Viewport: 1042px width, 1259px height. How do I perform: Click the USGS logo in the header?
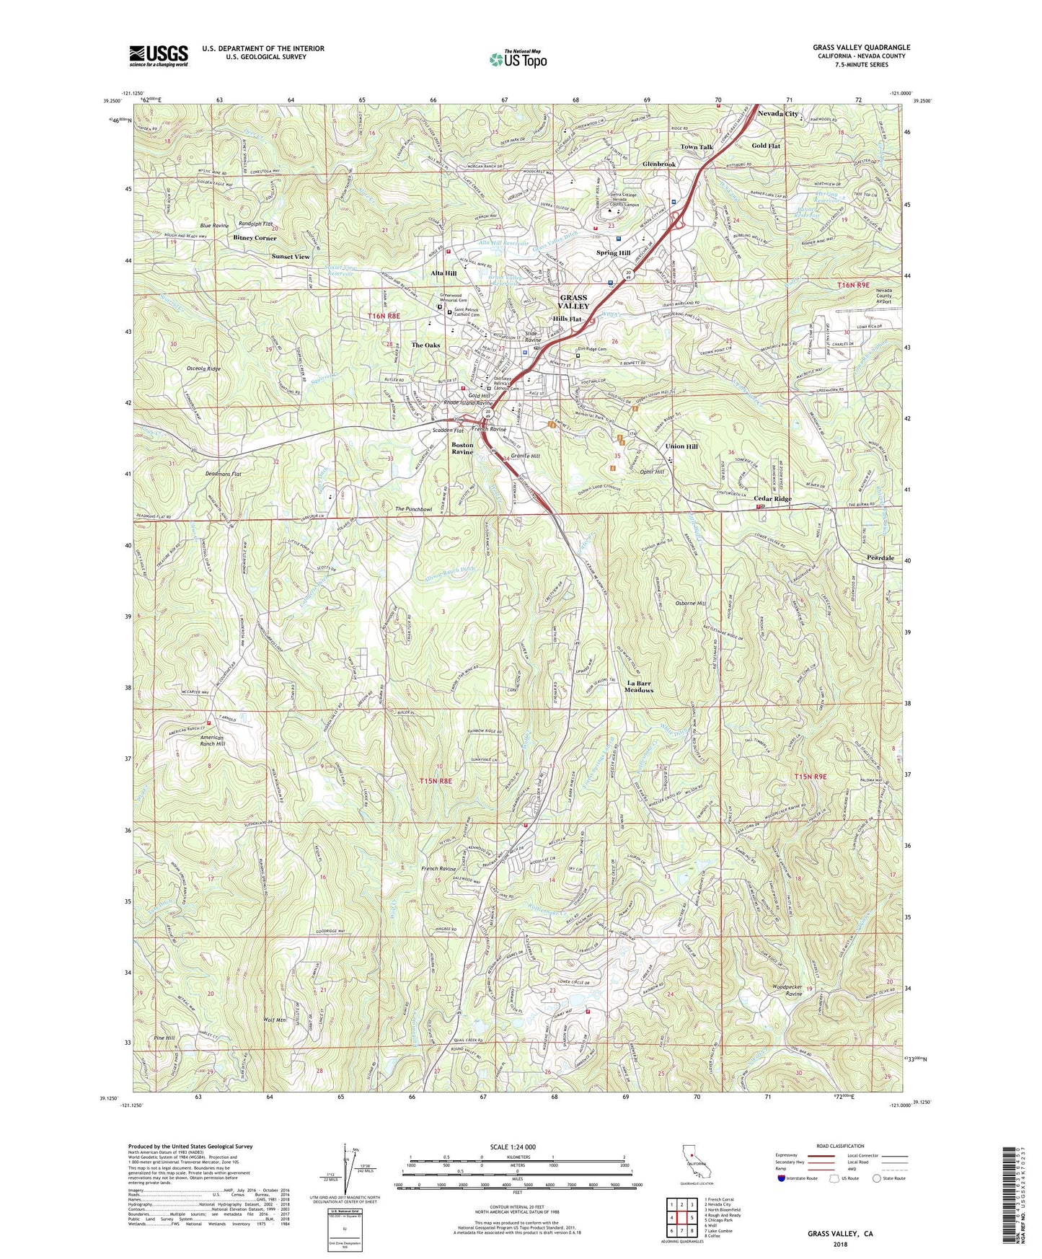(159, 55)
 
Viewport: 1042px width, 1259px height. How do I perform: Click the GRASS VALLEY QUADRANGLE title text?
(861, 48)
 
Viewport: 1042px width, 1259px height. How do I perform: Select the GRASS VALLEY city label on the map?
(574, 301)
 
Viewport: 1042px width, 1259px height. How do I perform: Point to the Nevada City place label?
(777, 114)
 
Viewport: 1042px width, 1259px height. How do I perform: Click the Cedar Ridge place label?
(772, 499)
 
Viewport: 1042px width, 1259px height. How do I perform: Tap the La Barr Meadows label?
(640, 686)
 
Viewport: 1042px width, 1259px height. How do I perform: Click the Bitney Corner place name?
(255, 238)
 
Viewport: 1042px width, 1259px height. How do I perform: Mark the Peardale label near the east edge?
(880, 558)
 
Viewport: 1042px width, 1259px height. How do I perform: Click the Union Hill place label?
(681, 446)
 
